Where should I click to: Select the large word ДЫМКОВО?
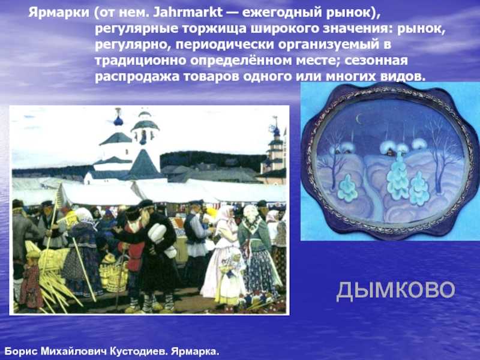(x=396, y=290)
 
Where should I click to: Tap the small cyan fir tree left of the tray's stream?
(x=348, y=188)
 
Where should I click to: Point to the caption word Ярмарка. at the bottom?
(x=196, y=351)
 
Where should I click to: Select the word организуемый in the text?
(x=329, y=45)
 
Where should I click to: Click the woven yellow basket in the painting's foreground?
(x=115, y=274)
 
